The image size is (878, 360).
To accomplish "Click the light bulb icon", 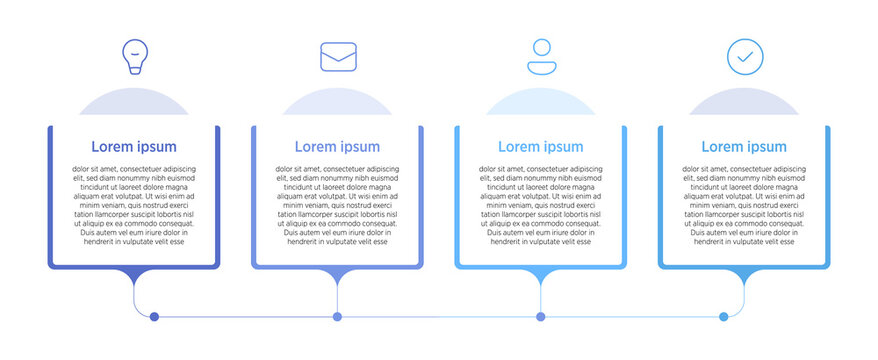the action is pos(133,56).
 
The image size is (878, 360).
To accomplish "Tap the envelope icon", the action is pos(338,56).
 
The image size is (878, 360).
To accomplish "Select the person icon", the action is pos(541,57).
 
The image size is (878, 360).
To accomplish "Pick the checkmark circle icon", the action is pos(744,56).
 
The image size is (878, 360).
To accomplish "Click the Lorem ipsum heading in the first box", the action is pos(133,147).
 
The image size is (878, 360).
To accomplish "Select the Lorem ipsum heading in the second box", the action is pos(337,147).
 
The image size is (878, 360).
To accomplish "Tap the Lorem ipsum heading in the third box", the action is pos(541,147).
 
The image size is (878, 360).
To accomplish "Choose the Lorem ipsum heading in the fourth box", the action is pos(744,147).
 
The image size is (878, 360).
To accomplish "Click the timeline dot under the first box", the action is pos(154,317).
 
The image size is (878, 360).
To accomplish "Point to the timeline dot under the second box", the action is pos(337,317).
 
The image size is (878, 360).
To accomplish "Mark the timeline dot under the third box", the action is pos(541,317).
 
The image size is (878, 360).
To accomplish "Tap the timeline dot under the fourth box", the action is pos(724,317).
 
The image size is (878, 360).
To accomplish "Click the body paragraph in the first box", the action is pos(133,205).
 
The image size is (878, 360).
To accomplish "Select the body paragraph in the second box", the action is pos(337,205).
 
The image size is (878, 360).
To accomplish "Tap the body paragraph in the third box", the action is pos(541,205).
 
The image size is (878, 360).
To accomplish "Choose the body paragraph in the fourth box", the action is pos(744,205).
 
